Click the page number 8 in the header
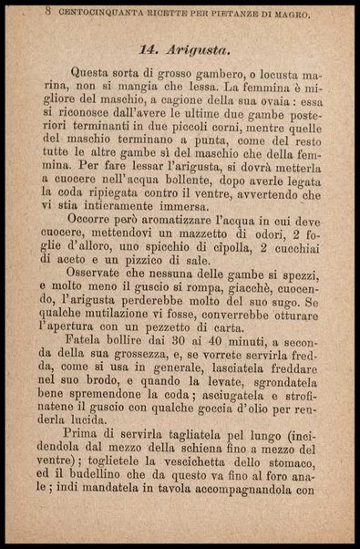coord(47,12)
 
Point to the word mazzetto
coord(201,236)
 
